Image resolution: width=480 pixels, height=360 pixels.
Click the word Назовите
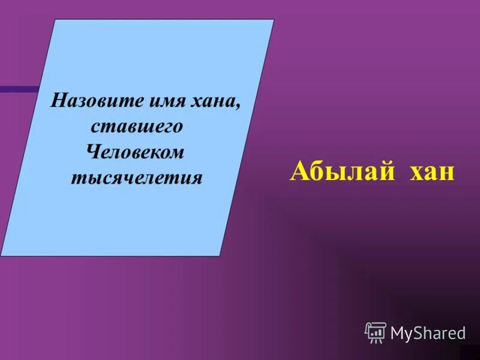pyautogui.click(x=91, y=100)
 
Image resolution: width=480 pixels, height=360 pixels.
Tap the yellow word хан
pyautogui.click(x=433, y=172)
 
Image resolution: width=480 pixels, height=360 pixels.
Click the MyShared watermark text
pyautogui.click(x=428, y=333)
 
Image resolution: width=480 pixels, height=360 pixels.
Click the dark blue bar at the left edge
pyautogui.click(x=18, y=89)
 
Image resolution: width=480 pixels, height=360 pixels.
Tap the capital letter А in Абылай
pyautogui.click(x=299, y=171)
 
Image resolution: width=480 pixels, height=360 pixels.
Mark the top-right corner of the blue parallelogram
pyautogui.click(x=274, y=20)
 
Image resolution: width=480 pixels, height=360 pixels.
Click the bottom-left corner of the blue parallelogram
pyautogui.click(x=2, y=256)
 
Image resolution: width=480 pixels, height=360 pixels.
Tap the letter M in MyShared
pyautogui.click(x=398, y=333)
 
